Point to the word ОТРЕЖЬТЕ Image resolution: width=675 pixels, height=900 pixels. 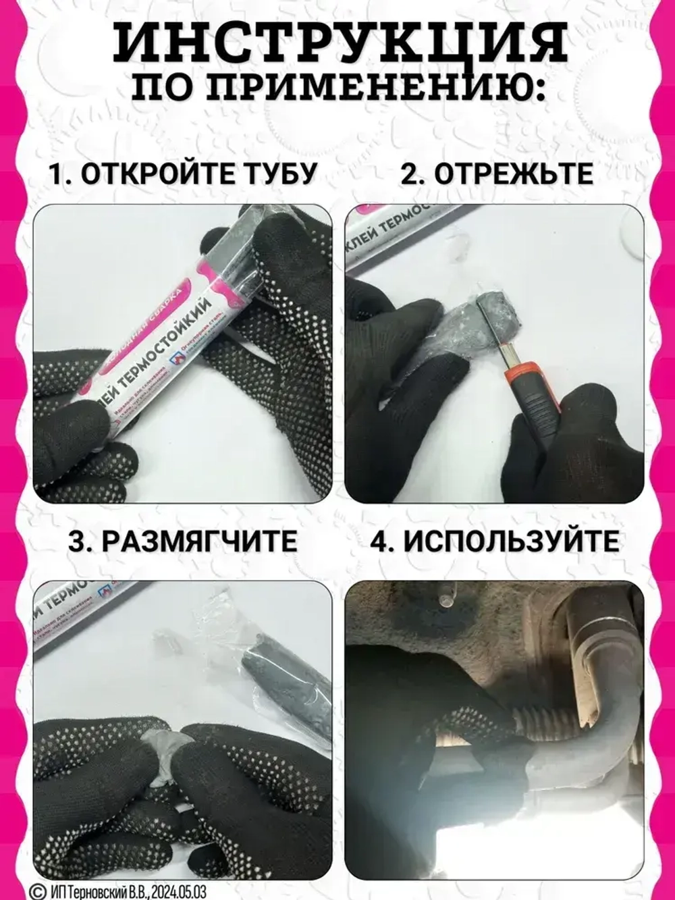[514, 174]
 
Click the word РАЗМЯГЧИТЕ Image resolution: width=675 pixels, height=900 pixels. [200, 541]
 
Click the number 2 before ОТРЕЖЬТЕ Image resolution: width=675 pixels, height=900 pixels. [410, 174]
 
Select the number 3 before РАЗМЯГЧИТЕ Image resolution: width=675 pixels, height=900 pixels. [78, 541]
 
